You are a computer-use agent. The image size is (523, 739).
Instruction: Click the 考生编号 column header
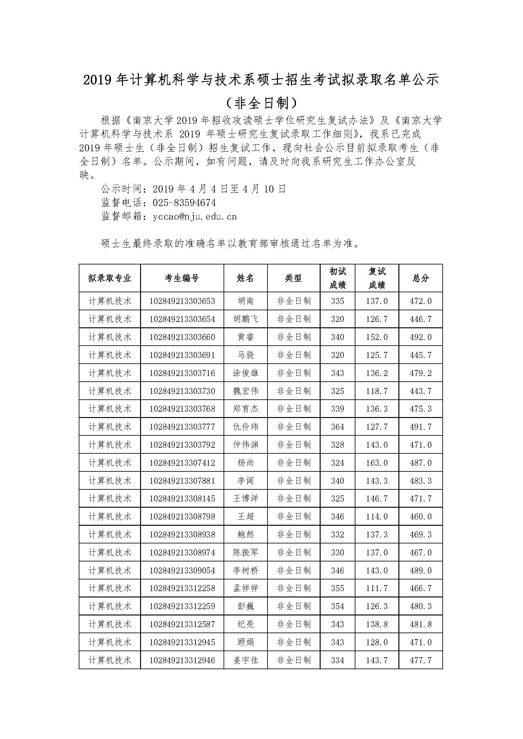point(182,278)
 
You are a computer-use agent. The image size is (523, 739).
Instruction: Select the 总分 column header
point(421,278)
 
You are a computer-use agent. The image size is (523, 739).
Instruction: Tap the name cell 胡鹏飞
point(245,319)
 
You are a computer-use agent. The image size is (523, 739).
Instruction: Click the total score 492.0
point(421,337)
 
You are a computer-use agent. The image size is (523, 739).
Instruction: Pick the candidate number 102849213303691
point(182,355)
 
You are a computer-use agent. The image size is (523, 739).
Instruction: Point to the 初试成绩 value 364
point(337,427)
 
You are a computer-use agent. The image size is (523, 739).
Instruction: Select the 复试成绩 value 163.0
point(377,463)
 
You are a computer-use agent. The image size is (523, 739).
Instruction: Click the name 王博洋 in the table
point(245,499)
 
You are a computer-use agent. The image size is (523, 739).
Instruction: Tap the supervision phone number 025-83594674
point(184,203)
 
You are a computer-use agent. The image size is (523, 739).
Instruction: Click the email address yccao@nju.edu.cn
point(195,216)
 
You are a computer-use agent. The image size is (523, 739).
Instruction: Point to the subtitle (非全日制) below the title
point(261,103)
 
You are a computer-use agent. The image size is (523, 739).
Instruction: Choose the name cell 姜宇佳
point(245,660)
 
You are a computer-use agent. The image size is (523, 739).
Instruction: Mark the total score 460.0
point(421,517)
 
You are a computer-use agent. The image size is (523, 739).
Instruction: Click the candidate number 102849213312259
point(182,606)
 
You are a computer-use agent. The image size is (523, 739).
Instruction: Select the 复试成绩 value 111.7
point(377,588)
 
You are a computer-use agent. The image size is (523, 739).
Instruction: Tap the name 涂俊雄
point(245,373)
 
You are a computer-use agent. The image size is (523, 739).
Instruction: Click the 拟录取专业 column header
point(110,278)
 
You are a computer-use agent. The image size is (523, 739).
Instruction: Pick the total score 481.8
point(421,624)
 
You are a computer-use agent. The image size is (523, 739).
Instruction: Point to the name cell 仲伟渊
point(245,445)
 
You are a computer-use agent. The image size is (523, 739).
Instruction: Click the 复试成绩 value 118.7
point(377,391)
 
